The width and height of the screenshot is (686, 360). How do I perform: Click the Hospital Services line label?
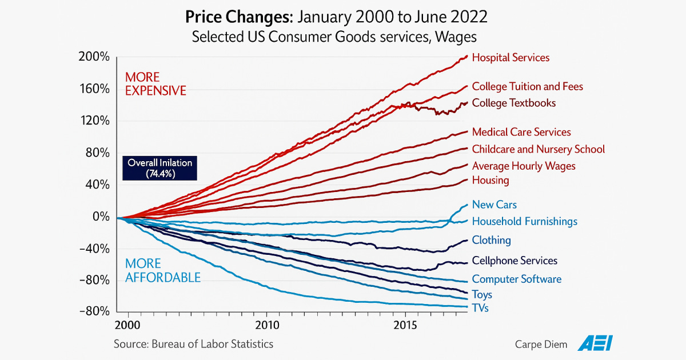click(x=510, y=58)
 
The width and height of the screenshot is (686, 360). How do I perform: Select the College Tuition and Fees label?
click(x=527, y=87)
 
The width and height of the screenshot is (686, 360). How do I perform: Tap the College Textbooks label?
click(x=513, y=103)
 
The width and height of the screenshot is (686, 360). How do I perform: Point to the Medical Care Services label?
click(x=521, y=133)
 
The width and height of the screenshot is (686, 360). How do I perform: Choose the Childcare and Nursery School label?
click(x=538, y=149)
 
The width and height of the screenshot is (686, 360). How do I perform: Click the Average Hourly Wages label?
click(x=524, y=166)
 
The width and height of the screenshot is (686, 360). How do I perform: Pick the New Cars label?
click(x=494, y=205)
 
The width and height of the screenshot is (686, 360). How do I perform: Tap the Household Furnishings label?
click(x=524, y=221)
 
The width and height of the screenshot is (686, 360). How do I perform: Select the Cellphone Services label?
click(x=514, y=261)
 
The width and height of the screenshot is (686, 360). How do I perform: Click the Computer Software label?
click(x=516, y=279)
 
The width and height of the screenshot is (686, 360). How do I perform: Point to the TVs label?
click(x=480, y=309)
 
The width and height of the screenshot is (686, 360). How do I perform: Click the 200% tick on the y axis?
click(x=95, y=57)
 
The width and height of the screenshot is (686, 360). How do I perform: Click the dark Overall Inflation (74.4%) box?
click(x=160, y=168)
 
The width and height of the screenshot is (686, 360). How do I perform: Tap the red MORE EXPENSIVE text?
click(x=155, y=83)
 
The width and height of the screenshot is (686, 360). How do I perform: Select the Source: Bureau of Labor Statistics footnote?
click(x=193, y=344)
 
